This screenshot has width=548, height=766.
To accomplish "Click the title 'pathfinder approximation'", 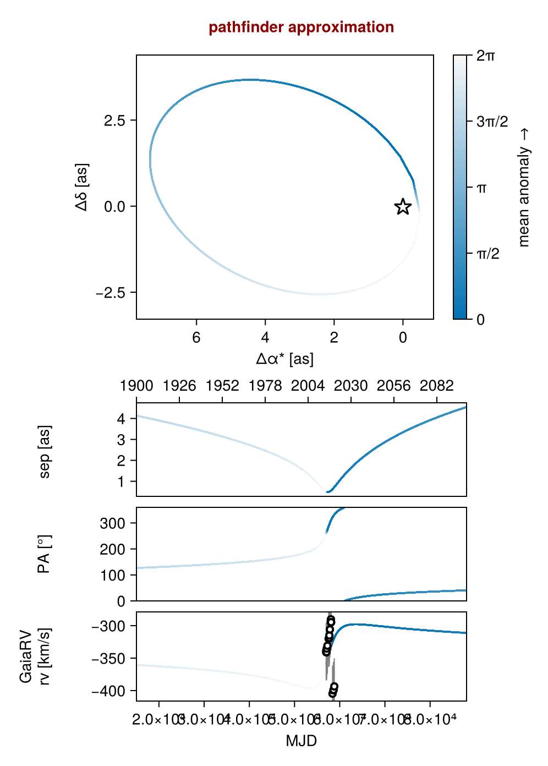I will coord(301,27).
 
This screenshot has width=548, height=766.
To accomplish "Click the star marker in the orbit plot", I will coord(403,207).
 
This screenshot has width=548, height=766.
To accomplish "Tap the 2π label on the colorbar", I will coord(486,56).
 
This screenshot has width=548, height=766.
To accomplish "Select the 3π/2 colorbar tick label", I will coord(492,122).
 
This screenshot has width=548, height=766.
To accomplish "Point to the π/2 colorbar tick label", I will coord(487,254).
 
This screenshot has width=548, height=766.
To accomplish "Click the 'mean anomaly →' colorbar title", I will coord(524,187).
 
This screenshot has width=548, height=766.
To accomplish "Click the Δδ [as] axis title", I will coord(82,187).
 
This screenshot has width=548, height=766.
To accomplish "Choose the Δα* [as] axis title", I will coord(284,359).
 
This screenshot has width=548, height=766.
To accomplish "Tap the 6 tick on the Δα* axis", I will coord(196,337).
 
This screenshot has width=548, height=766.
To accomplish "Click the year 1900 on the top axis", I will coord(136,386).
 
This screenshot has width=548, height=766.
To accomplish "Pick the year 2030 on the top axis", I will coord(351,386).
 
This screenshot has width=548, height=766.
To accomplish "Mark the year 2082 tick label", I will coord(437,386).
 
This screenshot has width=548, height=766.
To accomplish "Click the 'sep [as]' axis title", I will coord(45,451).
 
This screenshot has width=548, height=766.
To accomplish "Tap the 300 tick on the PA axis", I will coord(112,523).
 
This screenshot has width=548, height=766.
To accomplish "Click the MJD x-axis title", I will coord(301,741).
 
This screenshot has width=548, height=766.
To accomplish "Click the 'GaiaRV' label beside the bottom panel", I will coord(26,656).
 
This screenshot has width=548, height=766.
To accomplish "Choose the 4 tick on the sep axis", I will coord(121,419).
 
